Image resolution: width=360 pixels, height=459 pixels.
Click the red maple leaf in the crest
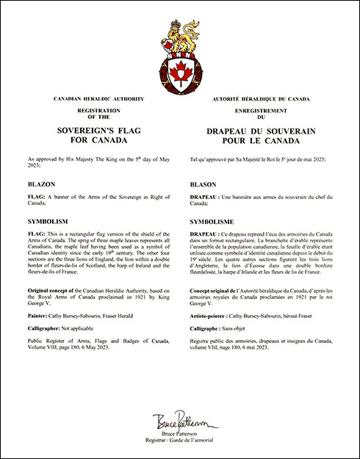(180, 73)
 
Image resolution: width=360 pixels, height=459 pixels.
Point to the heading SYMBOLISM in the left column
(47, 220)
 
